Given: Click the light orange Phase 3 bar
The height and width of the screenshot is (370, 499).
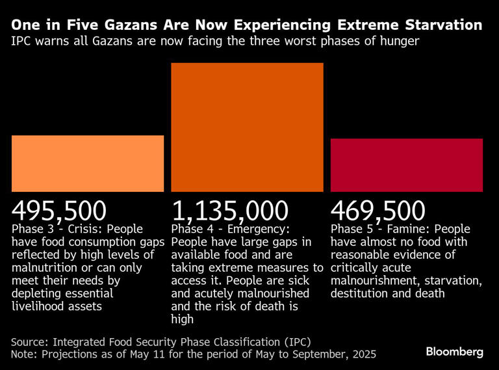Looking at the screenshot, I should [x=88, y=163].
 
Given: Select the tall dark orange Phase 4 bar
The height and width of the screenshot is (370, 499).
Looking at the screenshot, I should [x=247, y=127].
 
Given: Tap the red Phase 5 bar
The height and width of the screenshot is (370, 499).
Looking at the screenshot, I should [x=407, y=165].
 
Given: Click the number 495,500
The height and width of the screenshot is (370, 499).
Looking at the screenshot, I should [x=59, y=211].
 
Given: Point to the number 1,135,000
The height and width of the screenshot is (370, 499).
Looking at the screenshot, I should [x=230, y=211].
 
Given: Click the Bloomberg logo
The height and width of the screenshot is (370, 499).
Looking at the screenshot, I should [x=455, y=352].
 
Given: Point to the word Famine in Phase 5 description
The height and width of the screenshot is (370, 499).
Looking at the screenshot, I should [x=405, y=230].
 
